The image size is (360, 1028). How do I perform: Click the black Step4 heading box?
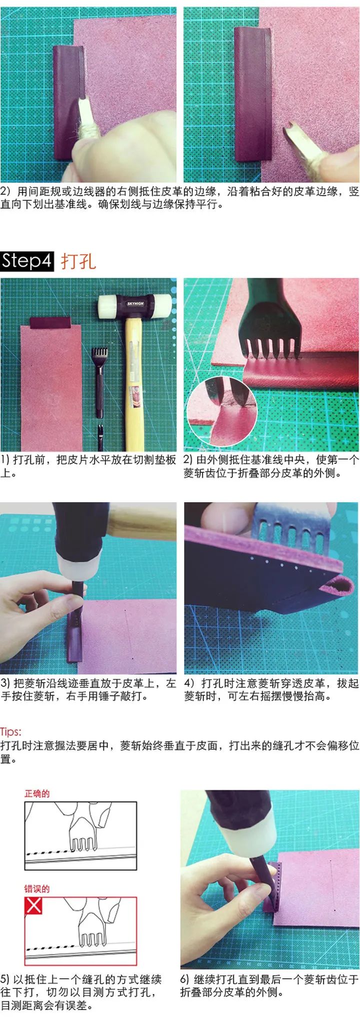tap(27, 261)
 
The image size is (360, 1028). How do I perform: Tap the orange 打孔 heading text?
tap(78, 261)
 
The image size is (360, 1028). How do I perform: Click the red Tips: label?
tap(11, 731)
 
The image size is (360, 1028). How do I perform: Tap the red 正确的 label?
tap(37, 793)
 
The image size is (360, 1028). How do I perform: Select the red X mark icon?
tap(33, 905)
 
